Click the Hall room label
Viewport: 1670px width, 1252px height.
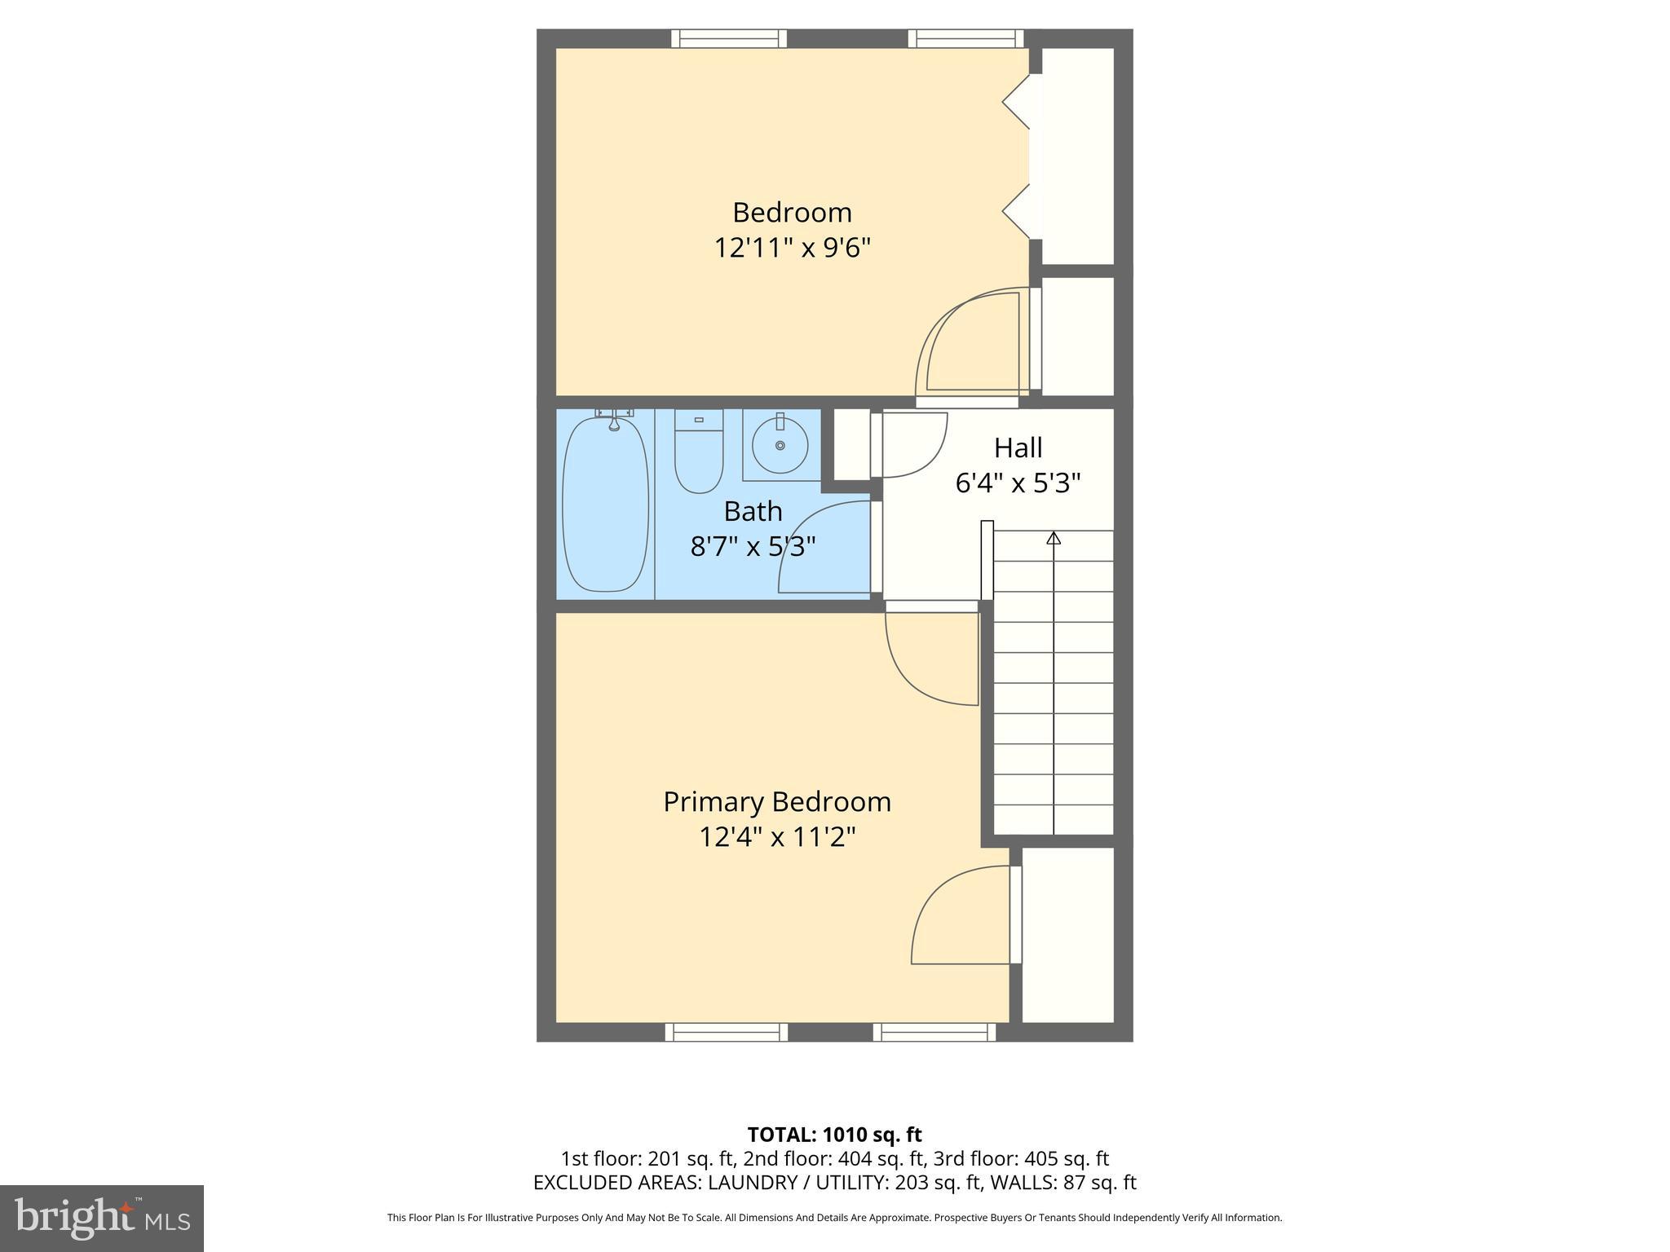click(1018, 447)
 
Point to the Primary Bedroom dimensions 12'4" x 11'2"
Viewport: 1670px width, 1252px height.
click(777, 837)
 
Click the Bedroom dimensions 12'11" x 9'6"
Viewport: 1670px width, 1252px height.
click(793, 247)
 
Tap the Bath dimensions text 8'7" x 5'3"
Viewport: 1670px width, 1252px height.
click(753, 546)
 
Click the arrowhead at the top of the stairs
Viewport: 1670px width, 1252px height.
click(1054, 538)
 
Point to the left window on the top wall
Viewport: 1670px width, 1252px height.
click(729, 38)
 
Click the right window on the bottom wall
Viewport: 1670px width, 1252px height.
click(934, 1033)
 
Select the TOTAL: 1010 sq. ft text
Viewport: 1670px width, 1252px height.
click(834, 1135)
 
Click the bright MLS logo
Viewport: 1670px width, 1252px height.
click(101, 1219)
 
